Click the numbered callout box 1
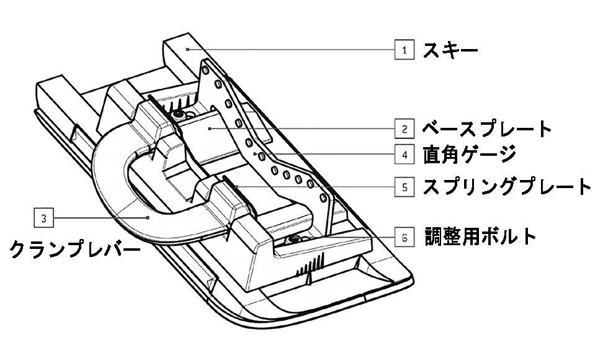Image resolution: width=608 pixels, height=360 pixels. point(405,49)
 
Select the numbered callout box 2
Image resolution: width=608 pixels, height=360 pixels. point(405,129)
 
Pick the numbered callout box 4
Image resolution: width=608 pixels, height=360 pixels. point(405,153)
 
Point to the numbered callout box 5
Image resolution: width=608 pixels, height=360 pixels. point(405,186)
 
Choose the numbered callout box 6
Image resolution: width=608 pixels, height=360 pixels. point(405,237)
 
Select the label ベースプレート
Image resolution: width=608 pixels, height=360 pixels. point(487,129)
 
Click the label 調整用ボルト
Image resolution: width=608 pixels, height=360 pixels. point(480,236)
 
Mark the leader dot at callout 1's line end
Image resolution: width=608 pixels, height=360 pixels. point(186,48)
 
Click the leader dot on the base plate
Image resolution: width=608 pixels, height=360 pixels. point(211,128)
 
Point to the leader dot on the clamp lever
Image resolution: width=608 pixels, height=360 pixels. point(148,217)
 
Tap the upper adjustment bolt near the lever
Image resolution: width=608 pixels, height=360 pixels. point(179,114)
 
